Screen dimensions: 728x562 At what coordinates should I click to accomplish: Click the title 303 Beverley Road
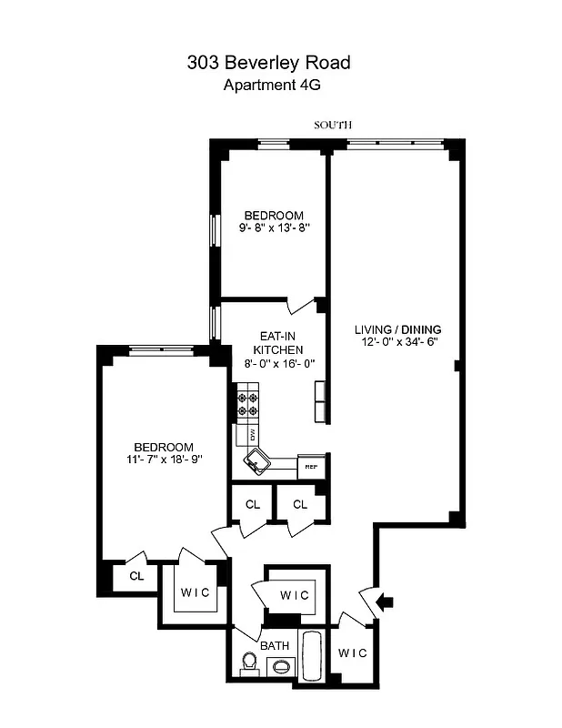pyautogui.click(x=268, y=63)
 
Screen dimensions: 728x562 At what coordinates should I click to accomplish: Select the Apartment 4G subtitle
pyautogui.click(x=273, y=86)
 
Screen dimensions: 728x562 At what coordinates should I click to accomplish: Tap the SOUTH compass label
pyautogui.click(x=333, y=125)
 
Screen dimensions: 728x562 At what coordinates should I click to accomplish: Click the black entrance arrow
pyautogui.click(x=385, y=602)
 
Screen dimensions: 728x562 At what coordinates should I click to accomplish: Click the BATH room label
pyautogui.click(x=276, y=645)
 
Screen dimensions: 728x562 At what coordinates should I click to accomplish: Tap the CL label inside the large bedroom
pyautogui.click(x=135, y=575)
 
